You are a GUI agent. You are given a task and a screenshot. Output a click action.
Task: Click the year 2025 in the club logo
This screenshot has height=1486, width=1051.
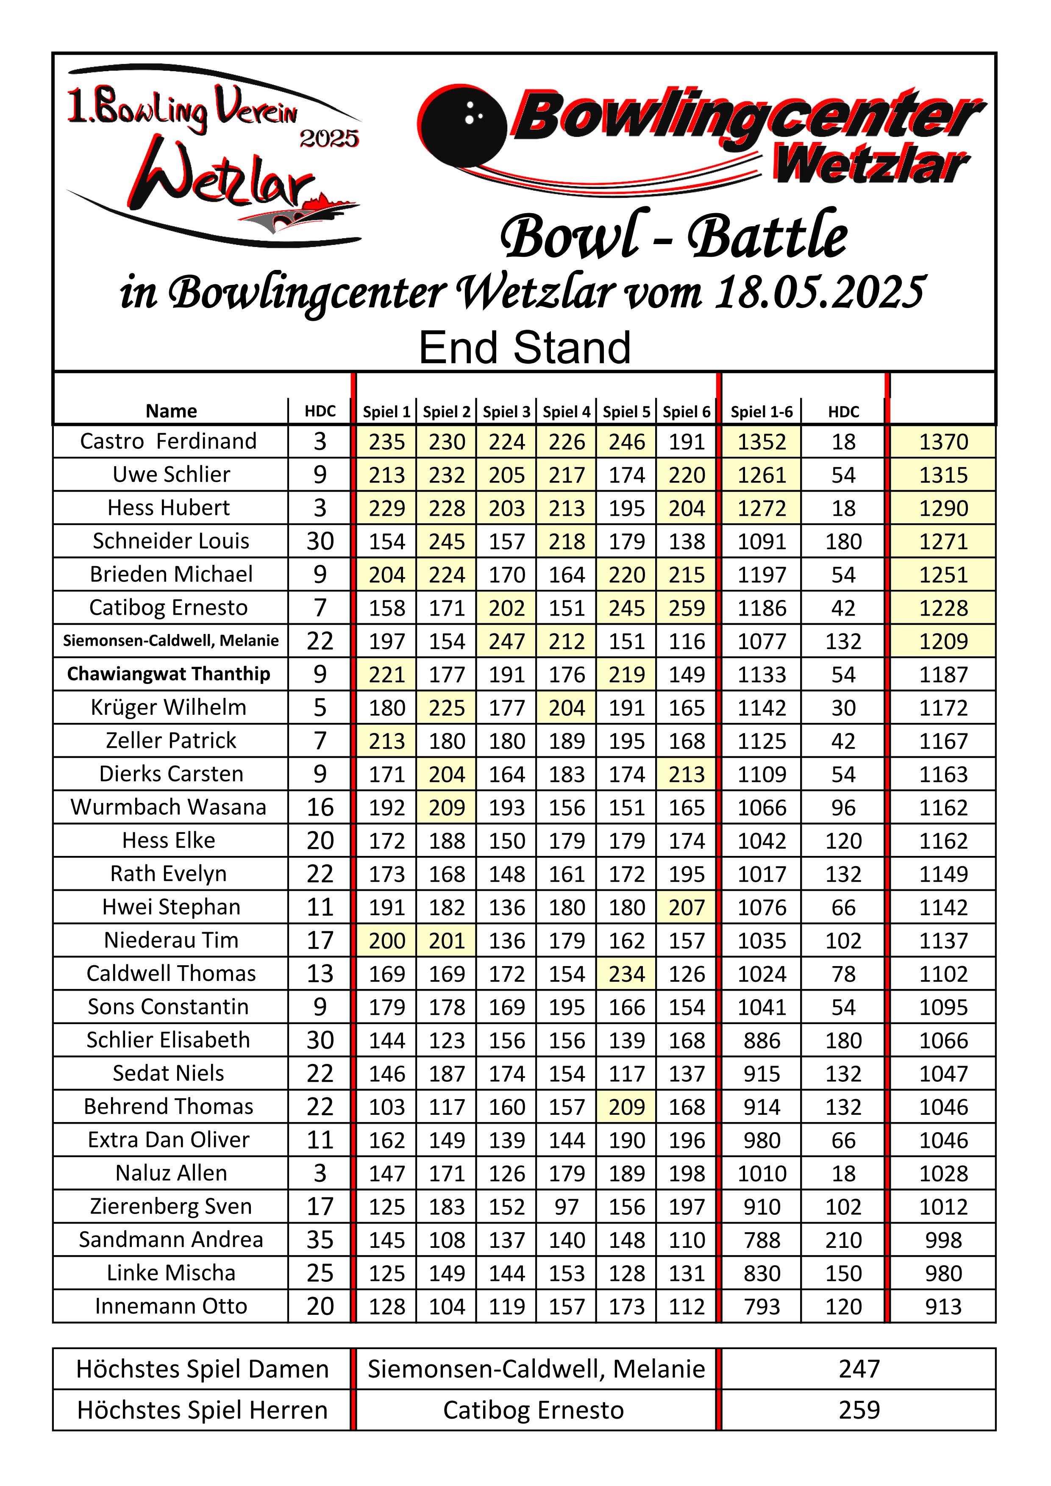pyautogui.click(x=329, y=138)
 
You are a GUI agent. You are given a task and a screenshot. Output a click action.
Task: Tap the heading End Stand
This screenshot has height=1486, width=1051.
pyautogui.click(x=524, y=347)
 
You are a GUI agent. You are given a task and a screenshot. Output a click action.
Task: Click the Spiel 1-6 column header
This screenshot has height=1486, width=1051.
pyautogui.click(x=761, y=411)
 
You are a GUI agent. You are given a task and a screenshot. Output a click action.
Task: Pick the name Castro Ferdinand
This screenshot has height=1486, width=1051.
pyautogui.click(x=168, y=442)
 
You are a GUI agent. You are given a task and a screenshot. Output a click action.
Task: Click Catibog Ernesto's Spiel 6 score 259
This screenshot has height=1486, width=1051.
pyautogui.click(x=686, y=608)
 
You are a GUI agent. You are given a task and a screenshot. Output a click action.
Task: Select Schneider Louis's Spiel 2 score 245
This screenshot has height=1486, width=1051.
pyautogui.click(x=447, y=541)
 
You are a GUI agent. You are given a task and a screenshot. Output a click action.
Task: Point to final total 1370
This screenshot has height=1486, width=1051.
pyautogui.click(x=943, y=442)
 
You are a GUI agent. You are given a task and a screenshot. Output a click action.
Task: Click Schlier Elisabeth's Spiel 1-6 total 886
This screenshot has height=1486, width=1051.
pyautogui.click(x=761, y=1041)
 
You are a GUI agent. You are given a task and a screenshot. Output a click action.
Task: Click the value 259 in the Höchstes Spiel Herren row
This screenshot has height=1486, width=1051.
pyautogui.click(x=859, y=1410)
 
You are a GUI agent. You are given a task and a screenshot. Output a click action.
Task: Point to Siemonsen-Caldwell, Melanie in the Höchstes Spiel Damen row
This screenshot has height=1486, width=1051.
pyautogui.click(x=536, y=1369)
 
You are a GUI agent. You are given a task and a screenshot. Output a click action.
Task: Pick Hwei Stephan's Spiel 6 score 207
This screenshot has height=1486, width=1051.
pyautogui.click(x=686, y=907)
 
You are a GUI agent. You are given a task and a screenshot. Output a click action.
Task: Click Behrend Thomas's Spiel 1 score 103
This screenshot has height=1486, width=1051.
pyautogui.click(x=386, y=1107)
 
